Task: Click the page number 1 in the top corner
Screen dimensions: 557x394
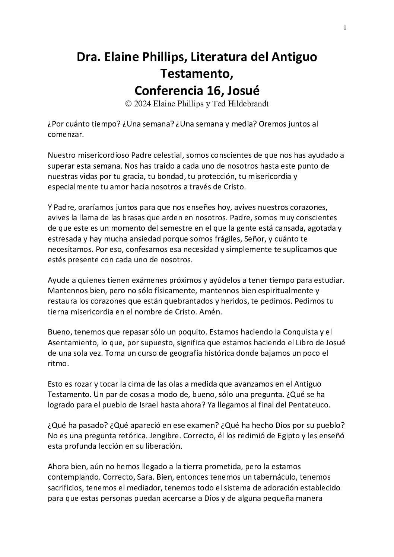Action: click(x=345, y=28)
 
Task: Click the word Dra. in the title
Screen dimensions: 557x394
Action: click(x=86, y=57)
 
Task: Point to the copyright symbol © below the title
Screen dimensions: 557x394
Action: click(x=129, y=104)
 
